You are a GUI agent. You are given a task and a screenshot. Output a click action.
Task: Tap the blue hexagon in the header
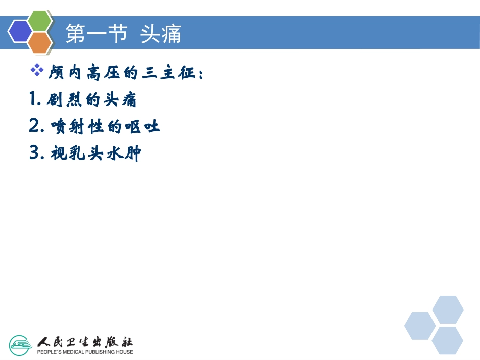tap(20, 32)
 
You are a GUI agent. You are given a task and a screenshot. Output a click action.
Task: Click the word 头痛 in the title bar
tap(161, 34)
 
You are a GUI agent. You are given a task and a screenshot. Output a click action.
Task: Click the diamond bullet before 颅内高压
tap(37, 71)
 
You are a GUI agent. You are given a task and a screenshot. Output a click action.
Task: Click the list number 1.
tap(35, 99)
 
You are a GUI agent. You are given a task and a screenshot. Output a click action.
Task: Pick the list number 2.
tap(36, 126)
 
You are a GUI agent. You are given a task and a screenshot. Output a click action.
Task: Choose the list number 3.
tap(36, 152)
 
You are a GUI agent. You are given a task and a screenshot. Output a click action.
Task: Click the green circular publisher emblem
tap(21, 344)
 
